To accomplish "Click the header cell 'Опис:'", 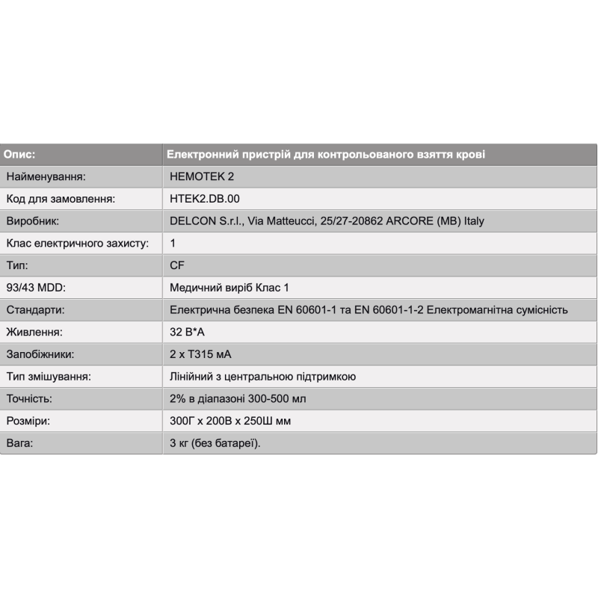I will pyautogui.click(x=20, y=155).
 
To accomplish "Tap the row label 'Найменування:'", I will pyautogui.click(x=46, y=177).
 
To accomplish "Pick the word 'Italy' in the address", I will pyautogui.click(x=474, y=221).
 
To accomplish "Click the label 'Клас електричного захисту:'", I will pyautogui.click(x=78, y=244).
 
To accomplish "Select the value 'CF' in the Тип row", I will pyautogui.click(x=177, y=265).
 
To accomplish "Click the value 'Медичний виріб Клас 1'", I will pyautogui.click(x=229, y=288).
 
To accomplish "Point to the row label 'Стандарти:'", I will pyautogui.click(x=35, y=310).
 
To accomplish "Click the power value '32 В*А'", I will pyautogui.click(x=190, y=332).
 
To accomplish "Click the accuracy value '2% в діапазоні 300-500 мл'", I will pyautogui.click(x=238, y=399).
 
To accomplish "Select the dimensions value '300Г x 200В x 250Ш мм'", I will pyautogui.click(x=230, y=421).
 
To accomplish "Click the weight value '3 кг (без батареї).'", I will pyautogui.click(x=215, y=443).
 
